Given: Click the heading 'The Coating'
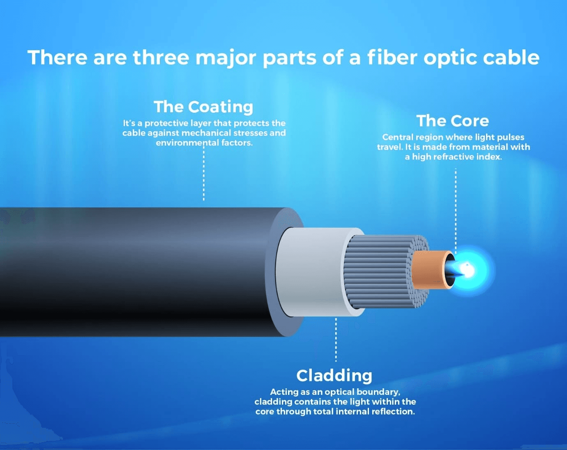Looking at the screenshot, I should pos(203,107).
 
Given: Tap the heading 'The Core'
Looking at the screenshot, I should pos(452,121).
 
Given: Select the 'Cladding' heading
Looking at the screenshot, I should pos(334,376).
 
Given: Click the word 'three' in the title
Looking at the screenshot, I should pos(161,57).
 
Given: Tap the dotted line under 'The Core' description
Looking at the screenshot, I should pos(456,206).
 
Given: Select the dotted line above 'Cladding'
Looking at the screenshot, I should pos(336,339).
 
